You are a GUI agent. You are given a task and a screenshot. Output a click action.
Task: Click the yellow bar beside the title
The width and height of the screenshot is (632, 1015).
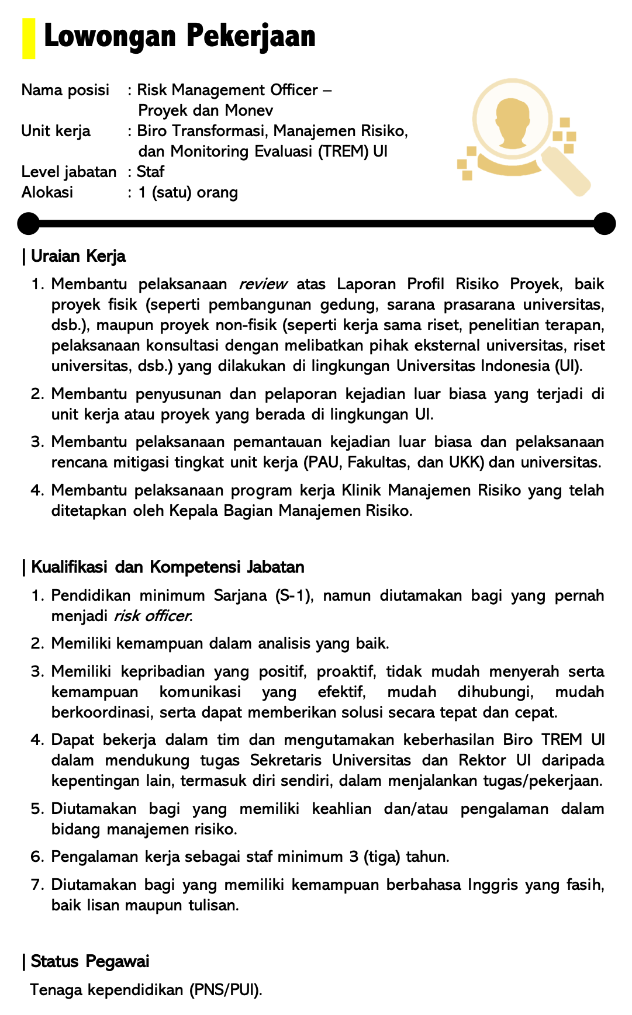point(29,39)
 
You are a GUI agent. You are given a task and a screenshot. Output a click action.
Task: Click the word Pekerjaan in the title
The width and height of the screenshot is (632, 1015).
point(251,36)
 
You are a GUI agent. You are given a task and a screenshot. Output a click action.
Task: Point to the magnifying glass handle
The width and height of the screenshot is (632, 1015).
point(565,171)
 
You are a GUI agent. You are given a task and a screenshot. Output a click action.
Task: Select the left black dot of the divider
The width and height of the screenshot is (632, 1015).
point(28,223)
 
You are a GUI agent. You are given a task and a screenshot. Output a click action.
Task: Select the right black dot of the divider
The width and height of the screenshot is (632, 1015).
point(605,223)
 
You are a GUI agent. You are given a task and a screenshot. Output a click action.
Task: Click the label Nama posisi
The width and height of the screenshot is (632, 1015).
point(65,90)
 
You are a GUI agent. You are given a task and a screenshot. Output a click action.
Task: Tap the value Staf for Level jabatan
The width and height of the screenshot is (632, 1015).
point(150,172)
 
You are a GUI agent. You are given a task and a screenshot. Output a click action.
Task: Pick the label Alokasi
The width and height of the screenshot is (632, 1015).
point(47,192)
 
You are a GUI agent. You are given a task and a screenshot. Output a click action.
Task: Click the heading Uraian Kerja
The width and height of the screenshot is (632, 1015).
point(78,256)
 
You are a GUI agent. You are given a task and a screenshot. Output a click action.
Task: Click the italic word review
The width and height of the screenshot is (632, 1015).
point(263,285)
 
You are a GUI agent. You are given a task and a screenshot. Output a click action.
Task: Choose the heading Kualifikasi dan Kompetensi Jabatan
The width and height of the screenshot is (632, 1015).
point(167,567)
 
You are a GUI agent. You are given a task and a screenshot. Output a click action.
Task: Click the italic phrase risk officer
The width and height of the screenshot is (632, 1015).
point(153,616)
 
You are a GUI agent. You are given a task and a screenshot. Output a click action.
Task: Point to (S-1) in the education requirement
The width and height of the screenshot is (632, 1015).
point(294,595)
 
